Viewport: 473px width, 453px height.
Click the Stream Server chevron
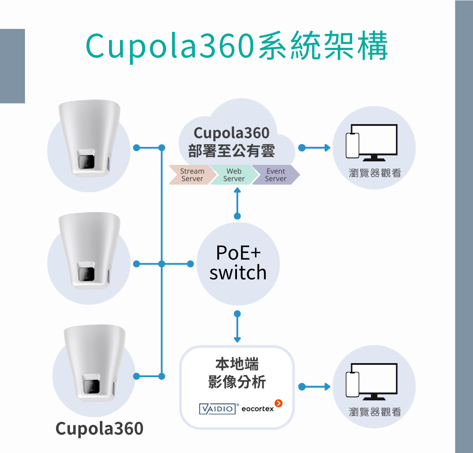(191, 175)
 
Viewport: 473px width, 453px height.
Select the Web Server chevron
(233, 175)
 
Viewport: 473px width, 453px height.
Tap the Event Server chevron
(275, 175)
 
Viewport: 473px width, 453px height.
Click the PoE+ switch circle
(238, 264)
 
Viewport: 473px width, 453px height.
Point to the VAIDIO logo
(217, 409)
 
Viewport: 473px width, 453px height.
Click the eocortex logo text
(258, 409)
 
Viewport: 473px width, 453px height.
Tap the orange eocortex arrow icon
(279, 403)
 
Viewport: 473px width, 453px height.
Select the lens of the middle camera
(86, 274)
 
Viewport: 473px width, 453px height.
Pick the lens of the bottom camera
(92, 386)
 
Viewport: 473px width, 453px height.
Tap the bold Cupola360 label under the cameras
(99, 428)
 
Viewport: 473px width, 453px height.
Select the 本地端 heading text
(237, 364)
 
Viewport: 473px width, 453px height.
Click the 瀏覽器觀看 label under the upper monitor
(374, 173)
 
